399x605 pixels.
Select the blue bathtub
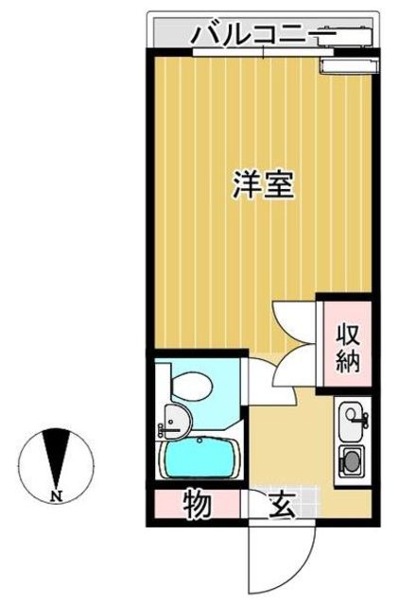point(201,460)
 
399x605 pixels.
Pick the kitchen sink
point(351,417)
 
